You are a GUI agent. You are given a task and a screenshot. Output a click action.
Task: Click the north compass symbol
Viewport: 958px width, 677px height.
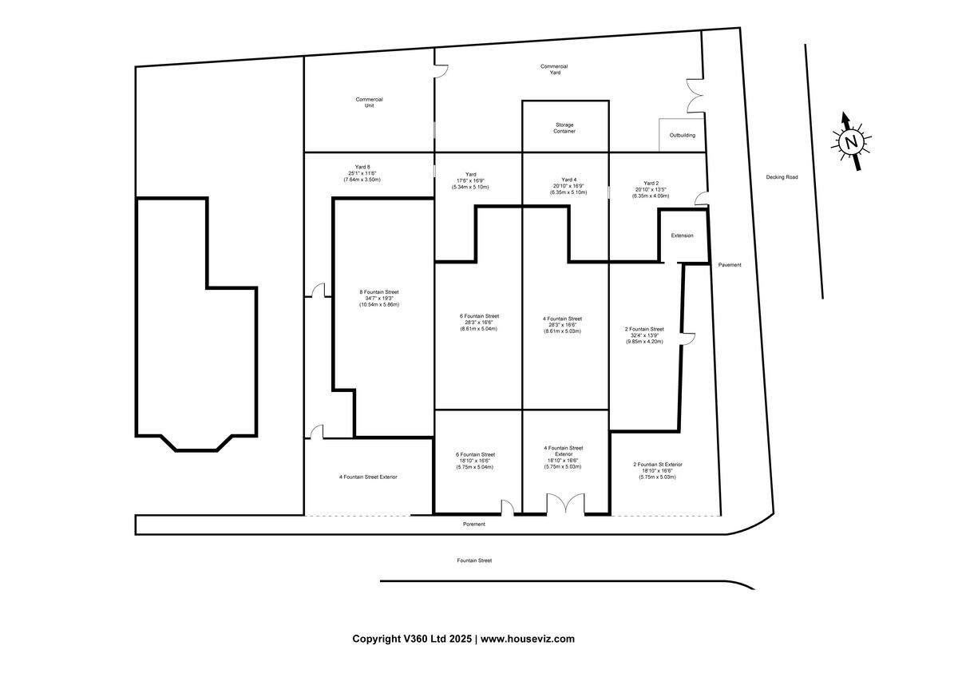click(851, 142)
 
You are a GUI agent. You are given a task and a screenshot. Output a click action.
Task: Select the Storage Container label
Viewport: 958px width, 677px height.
click(564, 128)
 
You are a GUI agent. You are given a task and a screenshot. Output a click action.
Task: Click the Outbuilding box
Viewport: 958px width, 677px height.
click(682, 135)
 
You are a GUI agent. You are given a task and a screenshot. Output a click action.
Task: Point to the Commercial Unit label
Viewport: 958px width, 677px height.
click(369, 102)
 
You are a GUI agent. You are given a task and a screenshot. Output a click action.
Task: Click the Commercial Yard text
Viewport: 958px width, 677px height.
click(554, 69)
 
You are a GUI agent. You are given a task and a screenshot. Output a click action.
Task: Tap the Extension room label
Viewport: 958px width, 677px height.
click(682, 236)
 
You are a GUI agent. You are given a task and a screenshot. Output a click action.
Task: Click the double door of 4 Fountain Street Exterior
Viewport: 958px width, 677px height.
click(564, 505)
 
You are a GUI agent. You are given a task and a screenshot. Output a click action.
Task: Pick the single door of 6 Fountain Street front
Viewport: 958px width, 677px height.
click(506, 507)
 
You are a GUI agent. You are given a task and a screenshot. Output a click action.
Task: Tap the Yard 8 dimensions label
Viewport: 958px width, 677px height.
click(362, 173)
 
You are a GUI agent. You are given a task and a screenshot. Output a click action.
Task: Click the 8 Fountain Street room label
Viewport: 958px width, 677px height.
click(378, 298)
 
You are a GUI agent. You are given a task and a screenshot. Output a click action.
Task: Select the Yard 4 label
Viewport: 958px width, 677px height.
click(568, 186)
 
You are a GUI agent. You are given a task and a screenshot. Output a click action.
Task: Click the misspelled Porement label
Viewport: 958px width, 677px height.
click(473, 525)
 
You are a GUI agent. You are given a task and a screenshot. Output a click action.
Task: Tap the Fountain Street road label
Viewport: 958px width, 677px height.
click(474, 560)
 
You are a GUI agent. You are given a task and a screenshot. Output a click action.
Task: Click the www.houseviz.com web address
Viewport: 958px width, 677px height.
click(527, 639)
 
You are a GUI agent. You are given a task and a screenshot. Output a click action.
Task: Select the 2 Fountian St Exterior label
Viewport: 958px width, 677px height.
click(657, 470)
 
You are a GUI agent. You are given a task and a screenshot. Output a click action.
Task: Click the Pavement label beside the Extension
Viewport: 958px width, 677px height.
click(729, 265)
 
